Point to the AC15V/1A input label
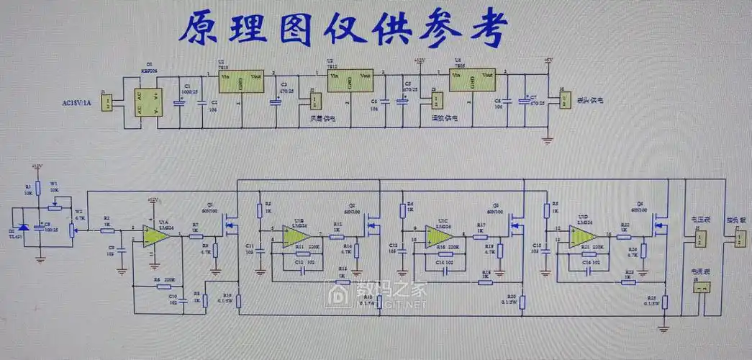tap(78, 103)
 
